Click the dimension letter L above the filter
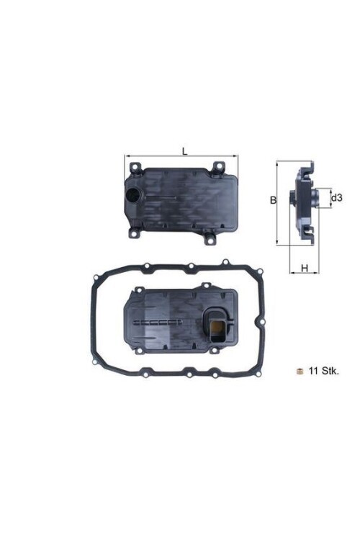click(x=184, y=151)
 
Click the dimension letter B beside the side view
click(x=273, y=200)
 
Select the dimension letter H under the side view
click(x=305, y=268)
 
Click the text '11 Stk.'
click(x=323, y=372)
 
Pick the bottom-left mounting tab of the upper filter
click(x=135, y=233)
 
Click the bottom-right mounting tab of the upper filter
click(x=210, y=235)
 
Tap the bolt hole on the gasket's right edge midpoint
click(x=265, y=318)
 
